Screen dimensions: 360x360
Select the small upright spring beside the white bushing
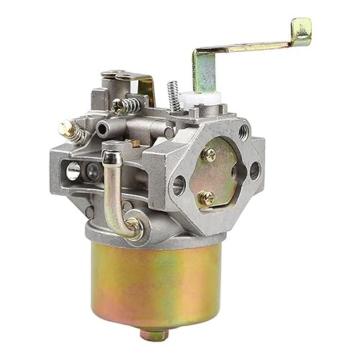point(173,93)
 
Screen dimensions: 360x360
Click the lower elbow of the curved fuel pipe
point(127,229)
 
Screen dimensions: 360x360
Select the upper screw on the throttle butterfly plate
point(210,153)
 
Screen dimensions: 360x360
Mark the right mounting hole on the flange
point(254,171)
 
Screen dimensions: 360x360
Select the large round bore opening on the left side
point(73,171)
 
